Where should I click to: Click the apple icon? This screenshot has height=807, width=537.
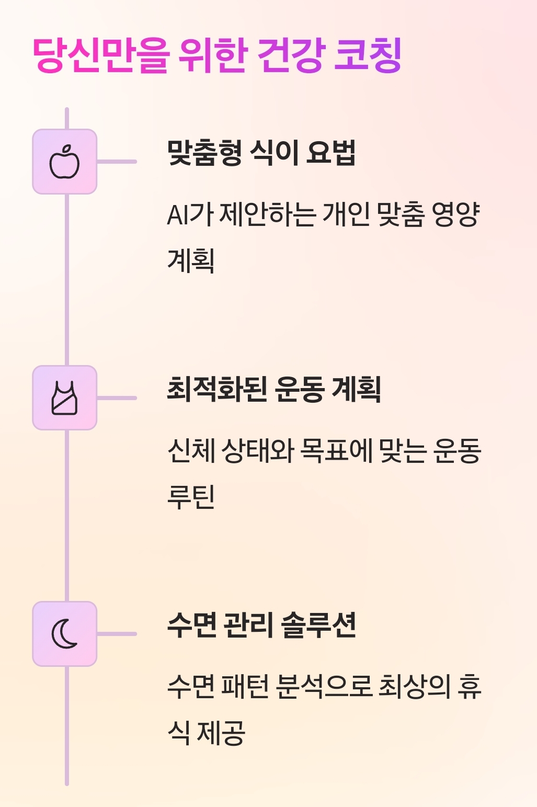(65, 162)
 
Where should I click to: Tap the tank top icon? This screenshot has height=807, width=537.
(65, 398)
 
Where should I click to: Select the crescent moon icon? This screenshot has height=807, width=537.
(65, 634)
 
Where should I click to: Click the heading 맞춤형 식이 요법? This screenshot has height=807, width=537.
(261, 153)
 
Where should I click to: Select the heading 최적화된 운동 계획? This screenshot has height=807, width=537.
(273, 390)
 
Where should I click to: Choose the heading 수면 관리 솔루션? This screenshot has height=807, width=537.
(261, 626)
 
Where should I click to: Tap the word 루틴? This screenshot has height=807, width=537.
(191, 496)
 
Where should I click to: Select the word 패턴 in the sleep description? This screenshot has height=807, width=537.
(245, 687)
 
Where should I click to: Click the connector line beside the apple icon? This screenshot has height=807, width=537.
(117, 162)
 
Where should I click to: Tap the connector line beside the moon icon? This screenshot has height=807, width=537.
(117, 634)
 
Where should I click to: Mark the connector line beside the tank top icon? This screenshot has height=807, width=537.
(117, 398)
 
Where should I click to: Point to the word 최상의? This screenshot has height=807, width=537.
(414, 687)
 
